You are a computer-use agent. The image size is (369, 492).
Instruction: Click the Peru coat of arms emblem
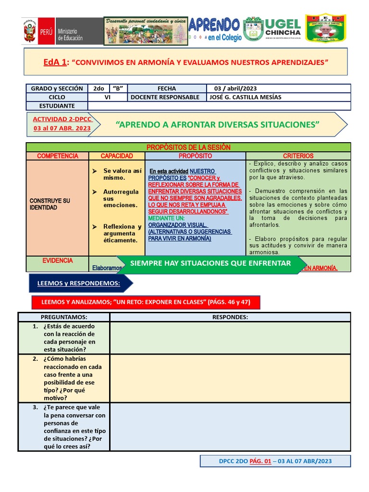(31, 31)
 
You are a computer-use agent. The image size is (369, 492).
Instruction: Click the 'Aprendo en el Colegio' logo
(215, 29)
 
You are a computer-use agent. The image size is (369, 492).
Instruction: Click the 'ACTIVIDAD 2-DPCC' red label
(62, 119)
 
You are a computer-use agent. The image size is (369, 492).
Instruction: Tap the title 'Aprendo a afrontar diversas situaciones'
(217, 125)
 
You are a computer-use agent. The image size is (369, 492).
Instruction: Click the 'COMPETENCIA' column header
(58, 156)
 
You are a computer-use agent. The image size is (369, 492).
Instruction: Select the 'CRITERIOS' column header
(298, 156)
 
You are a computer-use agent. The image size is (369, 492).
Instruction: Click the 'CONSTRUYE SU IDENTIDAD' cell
(50, 204)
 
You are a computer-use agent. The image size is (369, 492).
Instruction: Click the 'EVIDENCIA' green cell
(58, 261)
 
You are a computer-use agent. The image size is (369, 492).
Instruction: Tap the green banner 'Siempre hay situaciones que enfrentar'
(210, 263)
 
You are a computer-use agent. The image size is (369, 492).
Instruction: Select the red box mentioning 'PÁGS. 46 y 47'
(145, 302)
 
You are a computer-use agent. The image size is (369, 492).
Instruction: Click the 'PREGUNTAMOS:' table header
(64, 317)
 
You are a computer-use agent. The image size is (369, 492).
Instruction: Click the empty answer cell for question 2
(230, 378)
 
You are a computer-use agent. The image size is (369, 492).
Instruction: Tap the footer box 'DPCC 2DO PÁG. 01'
(275, 461)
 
